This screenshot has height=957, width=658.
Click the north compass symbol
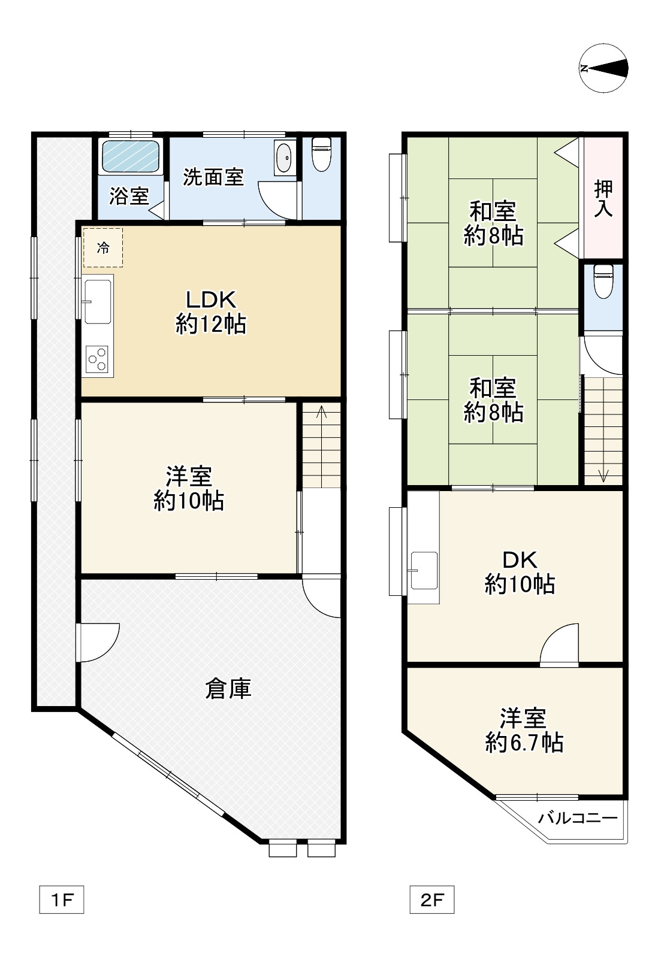coord(603,68)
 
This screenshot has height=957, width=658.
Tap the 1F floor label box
coord(62,900)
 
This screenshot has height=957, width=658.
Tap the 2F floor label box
coord(432,900)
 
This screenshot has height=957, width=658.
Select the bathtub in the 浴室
coord(131,156)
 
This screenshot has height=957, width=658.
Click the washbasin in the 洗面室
coord(285,158)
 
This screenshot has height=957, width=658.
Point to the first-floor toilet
coord(322,154)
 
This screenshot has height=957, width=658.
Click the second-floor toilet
coord(603,281)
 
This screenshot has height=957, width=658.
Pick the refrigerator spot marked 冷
coord(103,247)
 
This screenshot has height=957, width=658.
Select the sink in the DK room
coord(424,570)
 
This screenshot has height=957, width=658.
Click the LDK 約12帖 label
coord(211,312)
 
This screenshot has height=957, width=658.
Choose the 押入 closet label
coord(603,199)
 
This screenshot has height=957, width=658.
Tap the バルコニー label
coord(578,818)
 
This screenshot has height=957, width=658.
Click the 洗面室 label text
coord(213,177)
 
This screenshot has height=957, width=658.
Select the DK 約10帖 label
coord(520,573)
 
